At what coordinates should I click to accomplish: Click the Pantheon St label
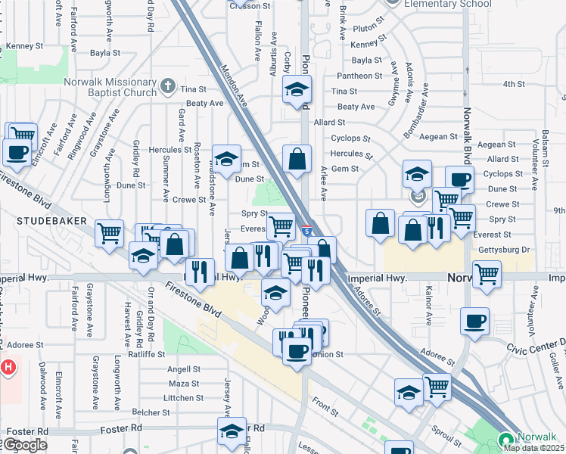(x=359, y=76)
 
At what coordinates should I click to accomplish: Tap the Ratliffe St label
(x=146, y=353)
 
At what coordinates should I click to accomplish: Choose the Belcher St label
(x=150, y=412)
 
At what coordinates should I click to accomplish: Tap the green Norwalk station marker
(x=506, y=440)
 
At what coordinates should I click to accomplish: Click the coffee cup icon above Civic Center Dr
(x=474, y=321)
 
